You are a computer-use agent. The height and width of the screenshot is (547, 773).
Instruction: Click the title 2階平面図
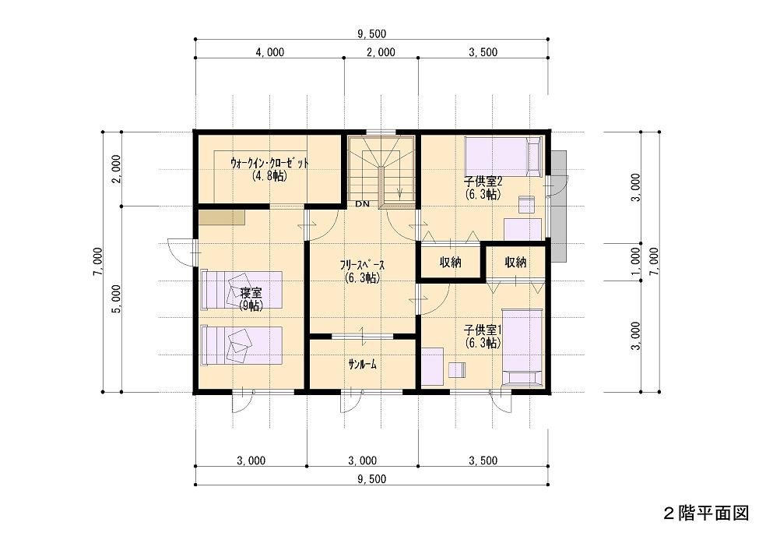tap(706, 513)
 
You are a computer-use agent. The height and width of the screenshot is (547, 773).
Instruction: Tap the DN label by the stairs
tap(362, 203)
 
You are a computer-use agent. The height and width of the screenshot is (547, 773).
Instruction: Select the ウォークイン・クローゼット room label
tap(269, 163)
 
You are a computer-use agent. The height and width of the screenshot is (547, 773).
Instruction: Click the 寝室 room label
tap(251, 291)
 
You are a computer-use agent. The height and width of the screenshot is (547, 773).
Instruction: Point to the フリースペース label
tap(362, 265)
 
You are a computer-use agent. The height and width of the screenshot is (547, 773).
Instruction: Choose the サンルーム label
tap(362, 365)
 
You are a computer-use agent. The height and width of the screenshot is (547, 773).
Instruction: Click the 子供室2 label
tap(483, 181)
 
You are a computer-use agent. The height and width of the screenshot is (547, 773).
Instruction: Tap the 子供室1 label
tap(483, 330)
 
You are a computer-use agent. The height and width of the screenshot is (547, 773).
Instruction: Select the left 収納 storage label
tap(451, 262)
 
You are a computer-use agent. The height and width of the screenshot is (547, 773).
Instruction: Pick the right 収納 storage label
tap(515, 262)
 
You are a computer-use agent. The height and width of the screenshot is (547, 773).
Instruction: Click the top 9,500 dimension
tap(372, 34)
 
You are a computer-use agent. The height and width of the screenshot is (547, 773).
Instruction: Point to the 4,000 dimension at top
tap(269, 52)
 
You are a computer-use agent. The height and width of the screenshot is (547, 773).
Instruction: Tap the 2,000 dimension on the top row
tap(381, 52)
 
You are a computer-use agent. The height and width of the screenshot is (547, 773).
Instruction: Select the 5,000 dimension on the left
tap(116, 298)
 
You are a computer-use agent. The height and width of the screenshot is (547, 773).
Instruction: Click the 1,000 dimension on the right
tap(636, 262)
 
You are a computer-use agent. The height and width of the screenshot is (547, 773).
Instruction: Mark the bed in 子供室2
tap(504, 156)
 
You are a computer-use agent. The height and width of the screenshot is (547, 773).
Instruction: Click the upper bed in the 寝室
tap(241, 290)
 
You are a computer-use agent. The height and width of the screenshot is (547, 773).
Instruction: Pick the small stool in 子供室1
tap(458, 370)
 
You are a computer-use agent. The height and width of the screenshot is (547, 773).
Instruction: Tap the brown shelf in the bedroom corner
tap(222, 217)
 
